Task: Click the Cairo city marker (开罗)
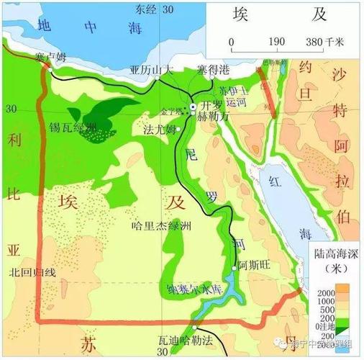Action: (x=193, y=107)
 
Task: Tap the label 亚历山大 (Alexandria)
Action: (x=152, y=71)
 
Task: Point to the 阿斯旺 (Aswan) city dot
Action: (x=235, y=269)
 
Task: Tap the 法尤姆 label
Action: (x=159, y=130)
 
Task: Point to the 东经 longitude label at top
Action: (x=146, y=9)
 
